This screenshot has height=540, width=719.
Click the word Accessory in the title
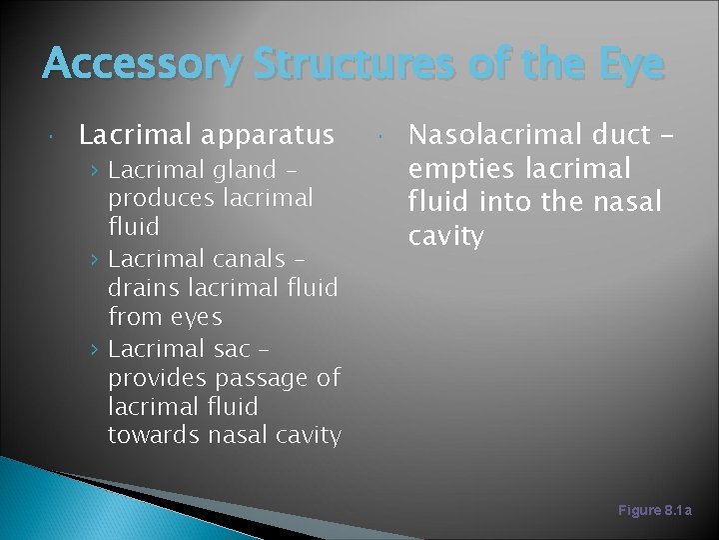click(141, 65)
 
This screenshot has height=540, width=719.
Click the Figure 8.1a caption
click(654, 510)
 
